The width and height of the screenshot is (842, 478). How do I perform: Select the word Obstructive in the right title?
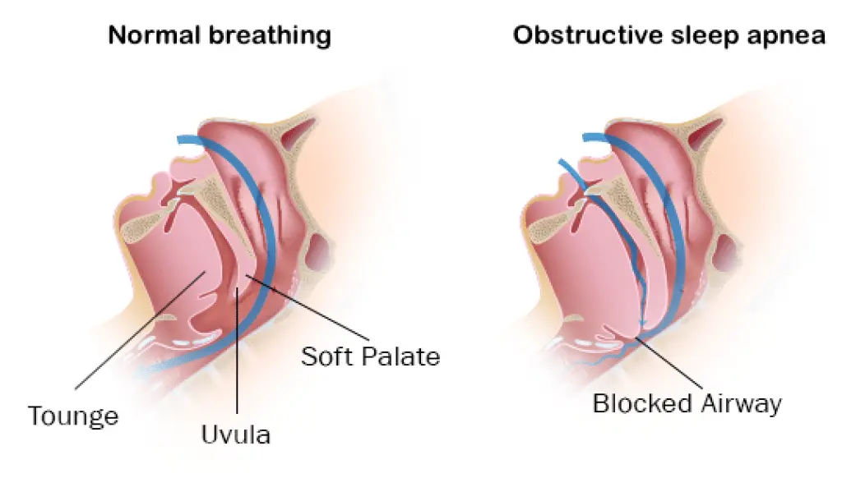tap(588, 35)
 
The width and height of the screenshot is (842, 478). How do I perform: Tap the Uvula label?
tap(236, 434)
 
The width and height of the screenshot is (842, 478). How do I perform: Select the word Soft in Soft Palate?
tap(324, 356)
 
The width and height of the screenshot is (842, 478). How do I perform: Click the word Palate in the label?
tap(398, 356)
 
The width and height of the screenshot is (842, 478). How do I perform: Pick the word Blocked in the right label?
tap(642, 403)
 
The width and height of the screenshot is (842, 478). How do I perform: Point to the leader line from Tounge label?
tap(140, 330)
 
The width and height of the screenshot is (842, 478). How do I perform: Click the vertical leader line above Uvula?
tap(237, 351)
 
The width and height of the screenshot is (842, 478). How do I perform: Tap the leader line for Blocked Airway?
tap(669, 363)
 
